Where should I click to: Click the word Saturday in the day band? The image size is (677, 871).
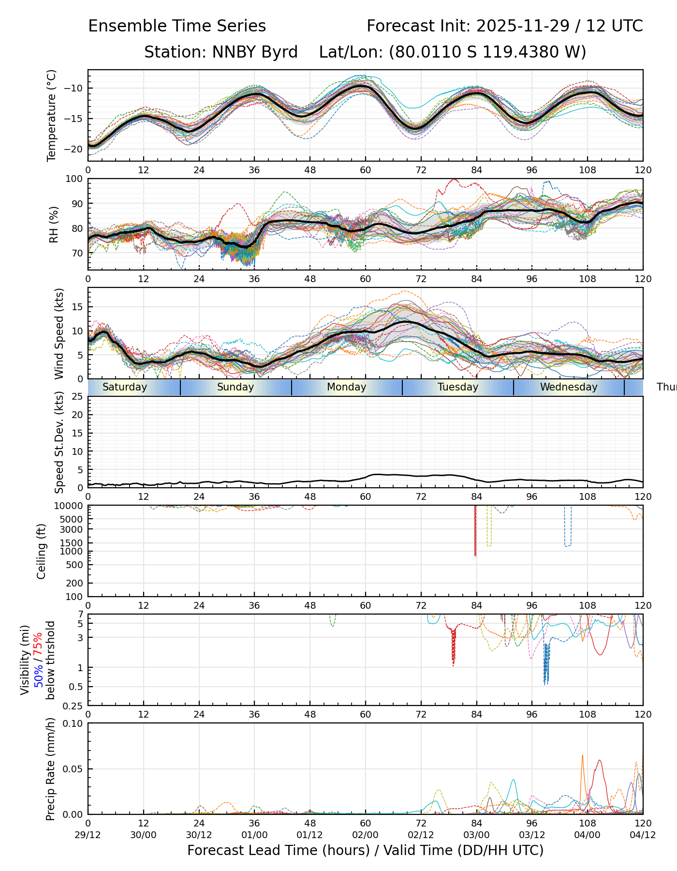pos(125,387)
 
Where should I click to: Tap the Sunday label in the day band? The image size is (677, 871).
pos(235,387)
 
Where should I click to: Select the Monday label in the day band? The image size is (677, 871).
pos(347,387)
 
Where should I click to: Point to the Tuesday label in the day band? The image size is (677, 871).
pos(458,387)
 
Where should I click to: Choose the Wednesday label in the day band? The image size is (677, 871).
pos(569,387)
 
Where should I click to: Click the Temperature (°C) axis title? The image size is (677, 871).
pos(52,115)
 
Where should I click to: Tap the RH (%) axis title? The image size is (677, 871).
pos(54,225)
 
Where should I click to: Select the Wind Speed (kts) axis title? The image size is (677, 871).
pos(59,333)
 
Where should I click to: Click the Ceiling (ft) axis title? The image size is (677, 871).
pos(42,551)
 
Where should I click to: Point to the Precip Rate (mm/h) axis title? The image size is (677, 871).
pos(50,769)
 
